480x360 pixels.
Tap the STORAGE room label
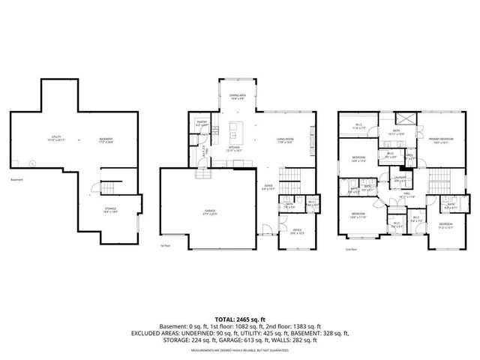coord(110,211)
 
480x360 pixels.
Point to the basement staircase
coord(109,187)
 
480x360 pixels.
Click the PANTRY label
coord(202,123)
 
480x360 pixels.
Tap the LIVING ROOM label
coord(284,140)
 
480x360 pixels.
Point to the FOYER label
coord(267,188)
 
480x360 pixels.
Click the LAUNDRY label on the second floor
coord(400,180)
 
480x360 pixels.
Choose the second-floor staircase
coord(441,180)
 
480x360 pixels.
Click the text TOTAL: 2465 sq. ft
coord(239,319)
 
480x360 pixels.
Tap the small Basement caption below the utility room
coord(17,180)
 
